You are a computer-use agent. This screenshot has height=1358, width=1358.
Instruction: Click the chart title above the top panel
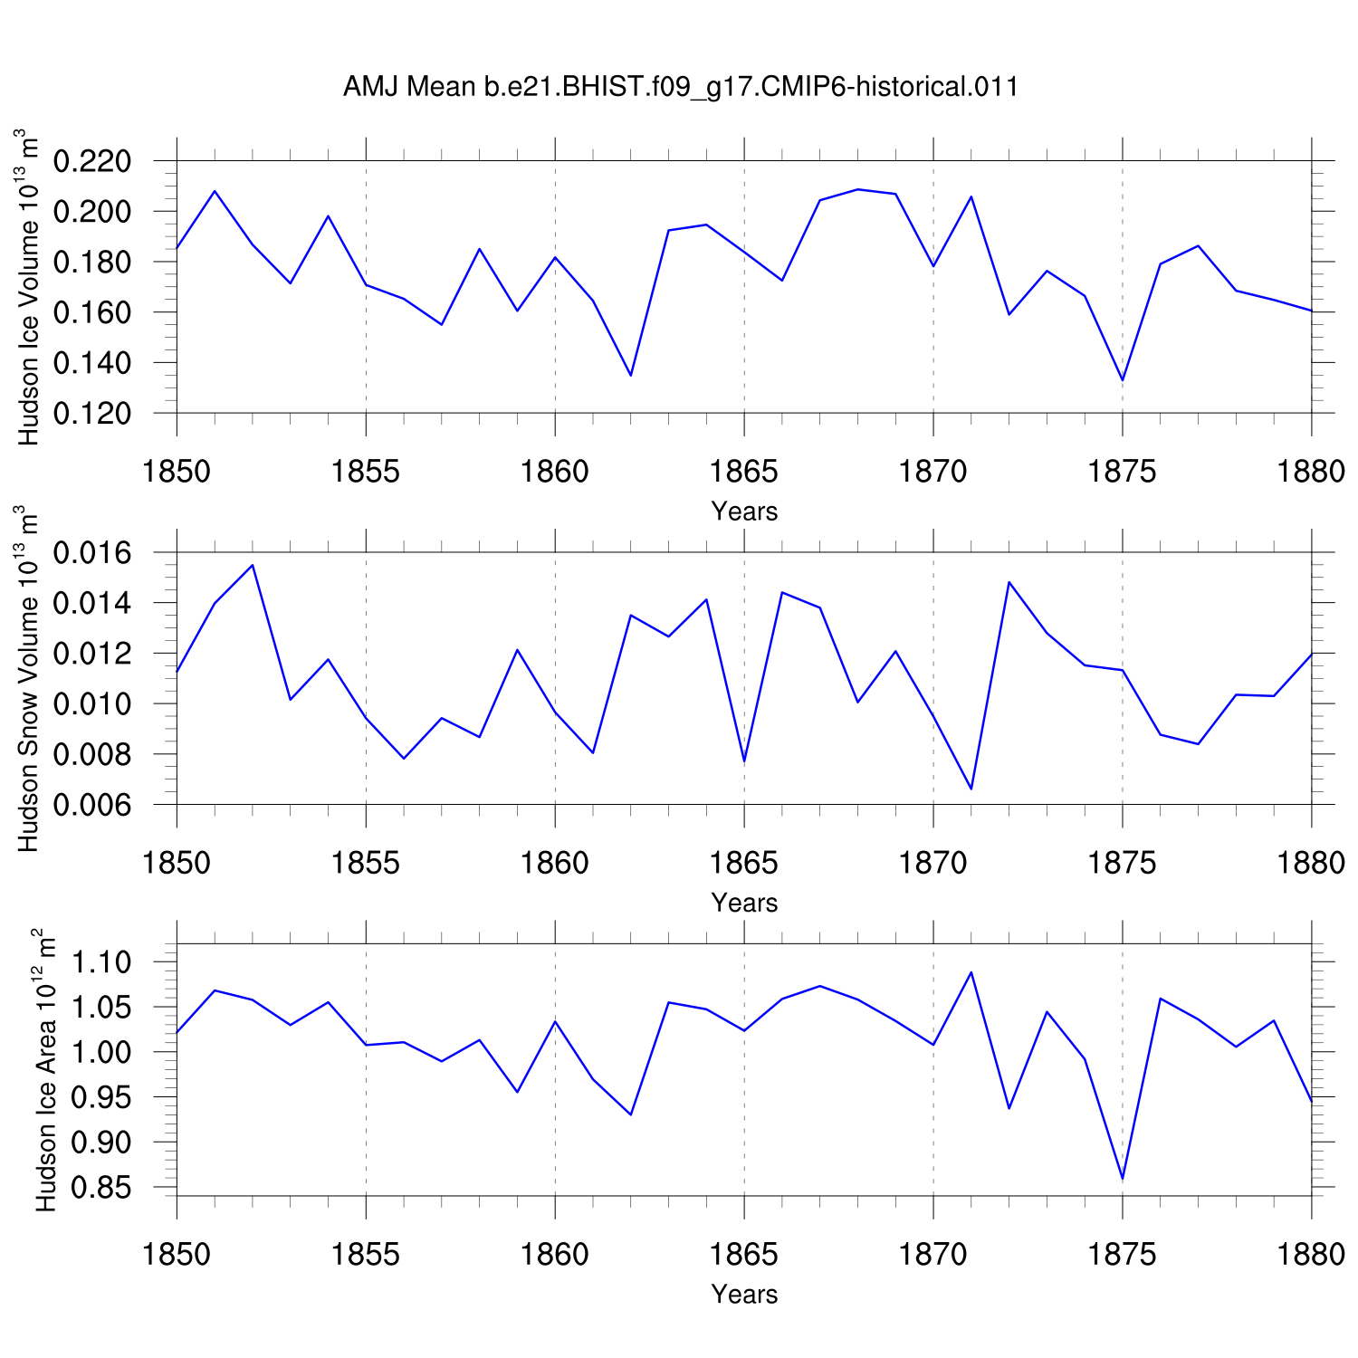coord(681,87)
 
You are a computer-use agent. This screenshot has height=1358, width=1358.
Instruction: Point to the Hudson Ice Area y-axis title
coord(45,1069)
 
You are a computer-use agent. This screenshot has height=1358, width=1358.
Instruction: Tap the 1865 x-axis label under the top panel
coord(744,472)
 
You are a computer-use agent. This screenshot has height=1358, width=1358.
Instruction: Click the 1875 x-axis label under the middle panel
coord(1123,863)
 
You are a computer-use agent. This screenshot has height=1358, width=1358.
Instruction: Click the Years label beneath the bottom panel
coord(744,1294)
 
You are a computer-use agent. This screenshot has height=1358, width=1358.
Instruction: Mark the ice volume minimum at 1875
coord(1123,380)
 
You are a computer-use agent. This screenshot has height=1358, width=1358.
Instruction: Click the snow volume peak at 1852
coord(253,565)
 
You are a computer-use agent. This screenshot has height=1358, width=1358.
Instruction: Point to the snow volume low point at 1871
coord(971,789)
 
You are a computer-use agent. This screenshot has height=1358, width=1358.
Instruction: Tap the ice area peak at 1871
coord(971,972)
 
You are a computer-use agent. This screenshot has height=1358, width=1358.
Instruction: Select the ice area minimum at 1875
coord(1123,1179)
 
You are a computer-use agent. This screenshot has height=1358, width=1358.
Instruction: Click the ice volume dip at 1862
coord(631,375)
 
